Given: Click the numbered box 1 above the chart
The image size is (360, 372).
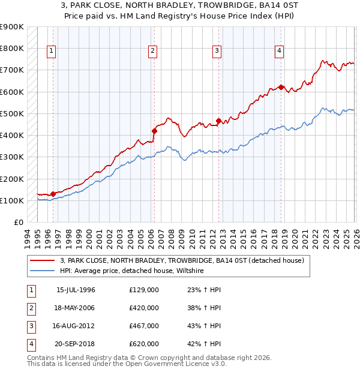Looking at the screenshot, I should point(52,52).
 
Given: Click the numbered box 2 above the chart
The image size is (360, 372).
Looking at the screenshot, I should point(153,52).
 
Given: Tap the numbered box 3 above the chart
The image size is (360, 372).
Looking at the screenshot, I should point(217,52).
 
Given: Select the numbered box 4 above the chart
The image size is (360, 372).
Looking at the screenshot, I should point(280,52).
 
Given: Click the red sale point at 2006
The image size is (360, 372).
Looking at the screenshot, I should point(154,130).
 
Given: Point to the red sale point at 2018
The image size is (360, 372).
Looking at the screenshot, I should point(281,87).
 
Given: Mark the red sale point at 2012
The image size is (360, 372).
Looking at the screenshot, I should point(218,120).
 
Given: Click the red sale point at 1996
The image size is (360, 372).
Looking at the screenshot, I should point(53,194).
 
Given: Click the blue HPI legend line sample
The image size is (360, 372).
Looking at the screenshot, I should point(43,271).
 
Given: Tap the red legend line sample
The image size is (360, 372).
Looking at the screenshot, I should point(43,261).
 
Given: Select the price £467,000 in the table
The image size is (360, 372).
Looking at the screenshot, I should point(144,326).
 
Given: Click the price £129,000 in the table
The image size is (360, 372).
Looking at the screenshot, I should point(144,290).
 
